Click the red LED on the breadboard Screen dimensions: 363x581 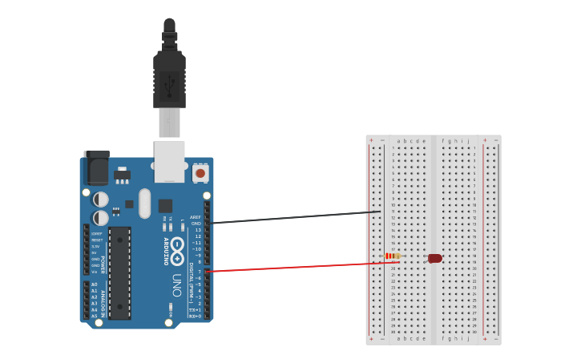(x=434, y=258)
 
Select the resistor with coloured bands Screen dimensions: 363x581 (x=393, y=256)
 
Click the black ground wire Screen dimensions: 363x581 (x=297, y=217)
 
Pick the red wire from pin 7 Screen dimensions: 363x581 (x=297, y=267)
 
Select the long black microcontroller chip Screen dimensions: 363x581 (x=119, y=272)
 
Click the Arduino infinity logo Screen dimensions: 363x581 (x=177, y=246)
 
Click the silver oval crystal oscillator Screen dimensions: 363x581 (x=144, y=203)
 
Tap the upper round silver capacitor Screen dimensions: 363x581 (x=101, y=199)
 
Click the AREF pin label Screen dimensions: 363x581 (x=196, y=217)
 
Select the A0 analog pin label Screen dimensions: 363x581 (x=95, y=284)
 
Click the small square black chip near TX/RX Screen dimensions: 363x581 (x=165, y=205)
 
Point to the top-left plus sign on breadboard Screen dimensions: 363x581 (x=371, y=140)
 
